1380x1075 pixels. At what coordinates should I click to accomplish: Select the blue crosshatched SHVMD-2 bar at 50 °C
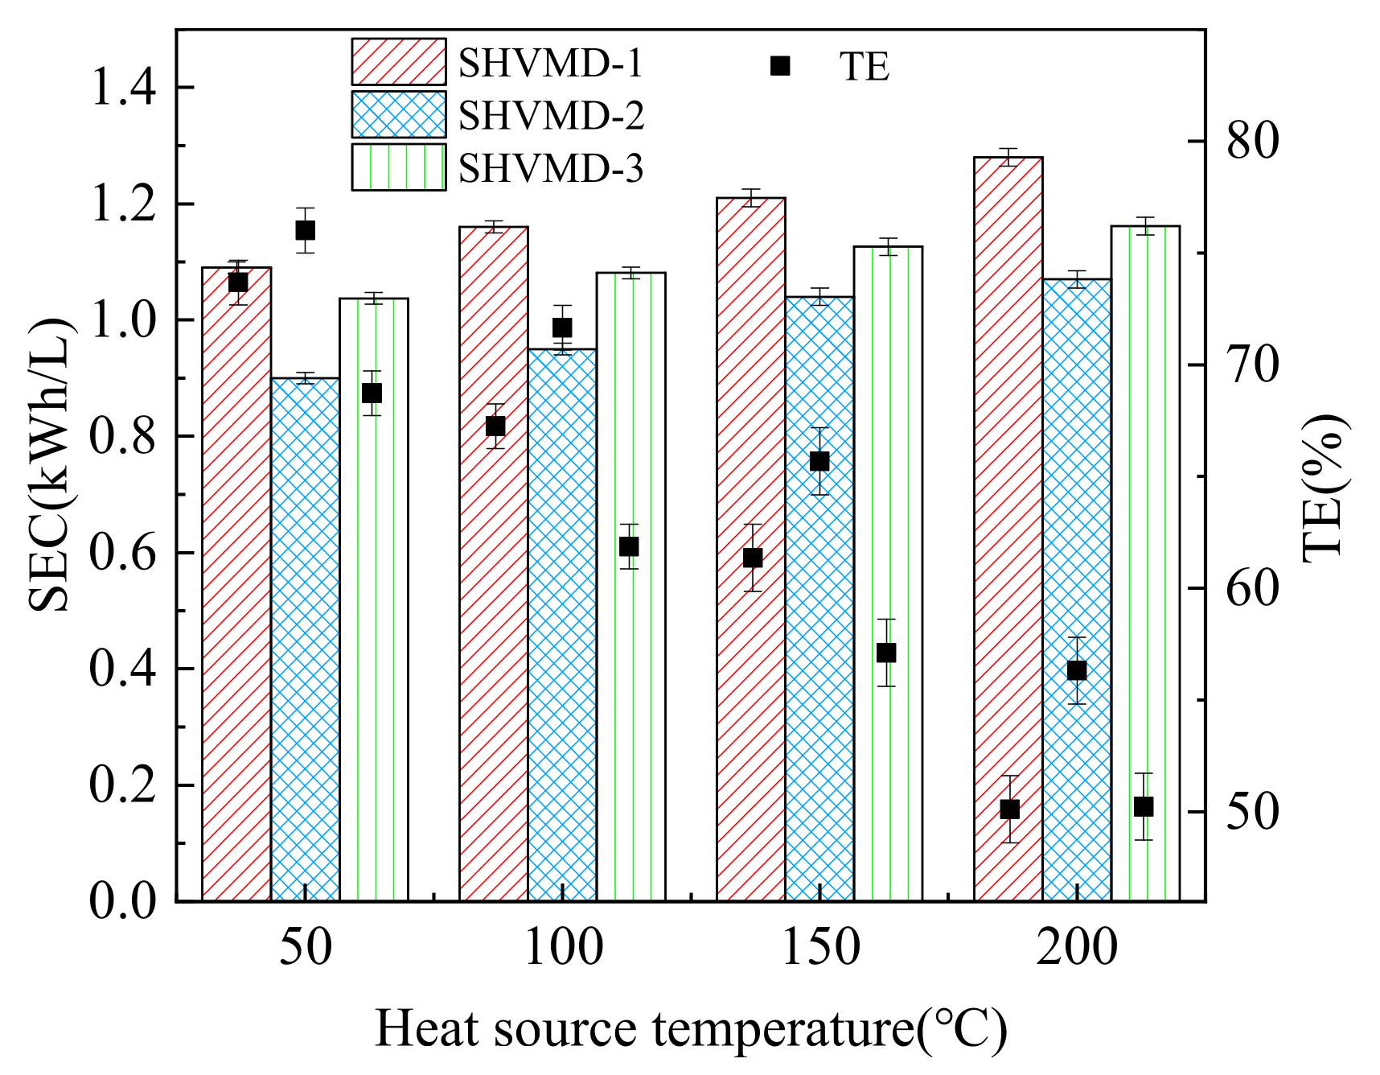tap(305, 644)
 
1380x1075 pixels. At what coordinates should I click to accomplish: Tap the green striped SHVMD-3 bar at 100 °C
tap(630, 684)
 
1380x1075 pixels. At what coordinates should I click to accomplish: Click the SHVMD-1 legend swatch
tap(398, 62)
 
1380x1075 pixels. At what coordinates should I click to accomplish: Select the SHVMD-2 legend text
tap(551, 116)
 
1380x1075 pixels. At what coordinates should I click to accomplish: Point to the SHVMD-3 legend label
tap(551, 169)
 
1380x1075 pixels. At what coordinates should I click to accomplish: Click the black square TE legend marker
tap(780, 66)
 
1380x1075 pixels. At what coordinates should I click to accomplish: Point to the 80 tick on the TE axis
tap(1252, 141)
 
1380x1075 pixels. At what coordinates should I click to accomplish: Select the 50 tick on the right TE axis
tap(1252, 812)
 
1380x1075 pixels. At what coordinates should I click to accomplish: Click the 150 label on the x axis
tap(819, 948)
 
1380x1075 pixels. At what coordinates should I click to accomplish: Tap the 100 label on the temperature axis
tap(562, 948)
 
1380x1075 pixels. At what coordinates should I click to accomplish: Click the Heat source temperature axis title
tap(690, 1028)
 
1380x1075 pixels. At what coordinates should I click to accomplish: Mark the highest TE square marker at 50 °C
tap(305, 231)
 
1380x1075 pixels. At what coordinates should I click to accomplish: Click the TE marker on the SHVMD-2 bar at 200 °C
tap(1077, 671)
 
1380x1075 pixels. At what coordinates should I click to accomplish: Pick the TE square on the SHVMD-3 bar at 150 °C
tap(886, 653)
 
